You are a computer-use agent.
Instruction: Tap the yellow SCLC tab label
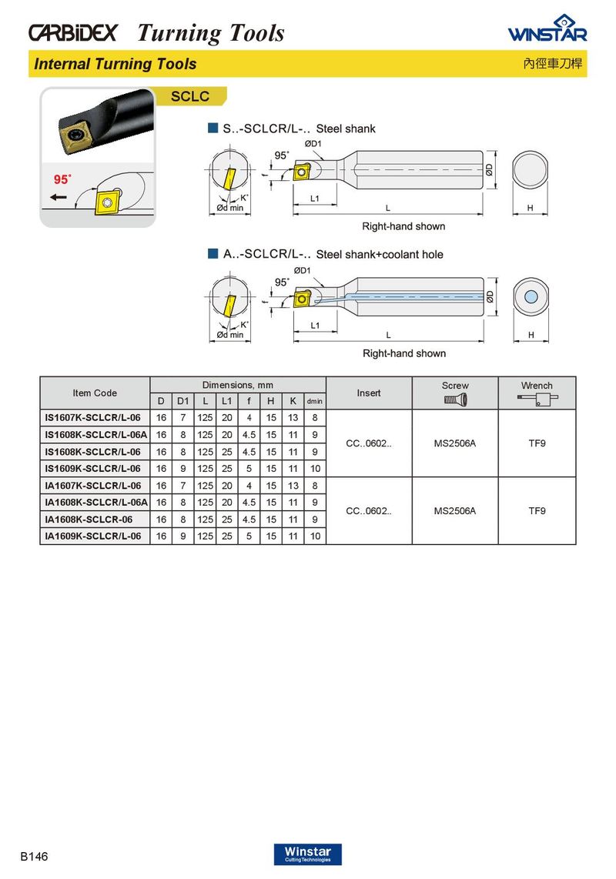tap(189, 98)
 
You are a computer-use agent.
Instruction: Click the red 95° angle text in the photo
tap(62, 179)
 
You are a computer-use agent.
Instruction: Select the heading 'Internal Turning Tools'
tap(115, 64)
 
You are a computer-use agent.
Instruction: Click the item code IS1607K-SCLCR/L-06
tap(93, 418)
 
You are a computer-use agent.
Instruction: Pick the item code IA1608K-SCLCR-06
tap(89, 520)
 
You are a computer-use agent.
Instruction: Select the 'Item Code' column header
tap(95, 393)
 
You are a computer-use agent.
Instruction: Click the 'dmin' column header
tap(314, 401)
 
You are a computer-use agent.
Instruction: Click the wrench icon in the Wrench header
tap(537, 399)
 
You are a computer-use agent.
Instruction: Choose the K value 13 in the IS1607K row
tap(293, 418)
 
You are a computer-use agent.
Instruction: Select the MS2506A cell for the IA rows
tap(454, 510)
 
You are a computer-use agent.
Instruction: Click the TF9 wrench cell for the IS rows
tap(537, 443)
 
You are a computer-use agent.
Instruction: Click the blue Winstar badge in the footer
tap(307, 854)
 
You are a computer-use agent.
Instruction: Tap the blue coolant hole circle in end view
tap(531, 298)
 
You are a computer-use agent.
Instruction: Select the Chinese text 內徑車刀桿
tap(554, 65)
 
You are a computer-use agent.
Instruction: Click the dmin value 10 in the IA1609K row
tap(314, 536)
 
